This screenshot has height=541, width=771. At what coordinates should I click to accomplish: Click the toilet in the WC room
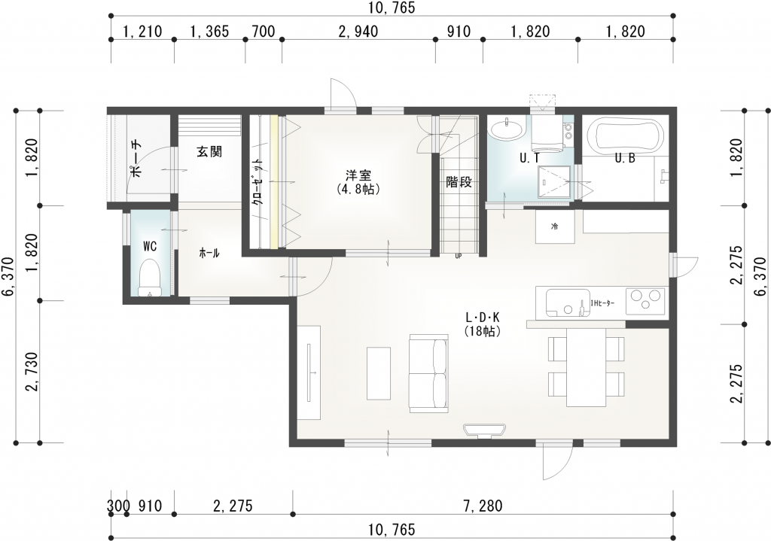[x=151, y=278]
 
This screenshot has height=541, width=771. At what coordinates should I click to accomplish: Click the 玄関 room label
[x=209, y=152]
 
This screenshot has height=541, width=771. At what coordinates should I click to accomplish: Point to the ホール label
[x=209, y=254]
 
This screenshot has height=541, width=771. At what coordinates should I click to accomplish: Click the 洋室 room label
[x=358, y=175]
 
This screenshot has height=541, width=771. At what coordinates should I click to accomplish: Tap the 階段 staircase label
[x=459, y=182]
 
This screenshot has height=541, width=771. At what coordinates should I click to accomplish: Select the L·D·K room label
[x=483, y=317]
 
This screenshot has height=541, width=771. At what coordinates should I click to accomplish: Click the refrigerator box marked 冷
[x=555, y=226]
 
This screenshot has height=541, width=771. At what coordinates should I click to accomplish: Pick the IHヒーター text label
[x=602, y=303]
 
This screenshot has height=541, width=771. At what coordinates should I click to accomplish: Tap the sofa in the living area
[x=428, y=372]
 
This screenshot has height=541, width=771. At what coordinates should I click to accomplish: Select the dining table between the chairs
[x=586, y=366]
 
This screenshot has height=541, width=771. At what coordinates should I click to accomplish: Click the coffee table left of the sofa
[x=379, y=374]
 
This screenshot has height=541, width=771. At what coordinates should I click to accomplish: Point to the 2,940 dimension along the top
[x=358, y=32]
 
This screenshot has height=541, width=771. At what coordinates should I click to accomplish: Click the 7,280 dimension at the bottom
[x=483, y=506]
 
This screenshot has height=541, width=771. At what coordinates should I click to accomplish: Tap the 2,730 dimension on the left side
[x=33, y=372]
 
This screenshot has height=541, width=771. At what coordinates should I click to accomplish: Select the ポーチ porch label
[x=136, y=158]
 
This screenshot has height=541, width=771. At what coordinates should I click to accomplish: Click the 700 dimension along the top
[x=263, y=32]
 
